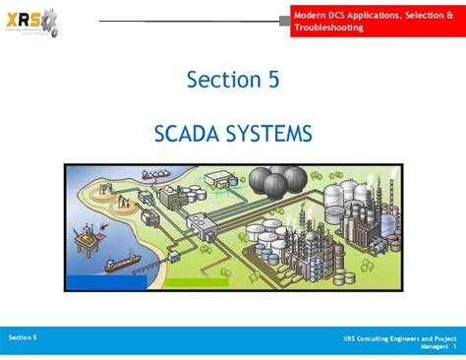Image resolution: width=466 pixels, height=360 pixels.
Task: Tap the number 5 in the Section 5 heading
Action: [272, 80]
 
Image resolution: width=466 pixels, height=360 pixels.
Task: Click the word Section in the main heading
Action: [221, 80]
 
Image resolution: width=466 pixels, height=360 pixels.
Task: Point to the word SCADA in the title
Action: [190, 132]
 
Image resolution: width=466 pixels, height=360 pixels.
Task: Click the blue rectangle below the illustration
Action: [108, 283]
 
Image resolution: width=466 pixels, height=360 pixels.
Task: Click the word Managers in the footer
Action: [435, 347]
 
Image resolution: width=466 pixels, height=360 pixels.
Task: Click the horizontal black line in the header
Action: [187, 20]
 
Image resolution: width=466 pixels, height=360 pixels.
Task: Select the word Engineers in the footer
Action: [410, 338]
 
